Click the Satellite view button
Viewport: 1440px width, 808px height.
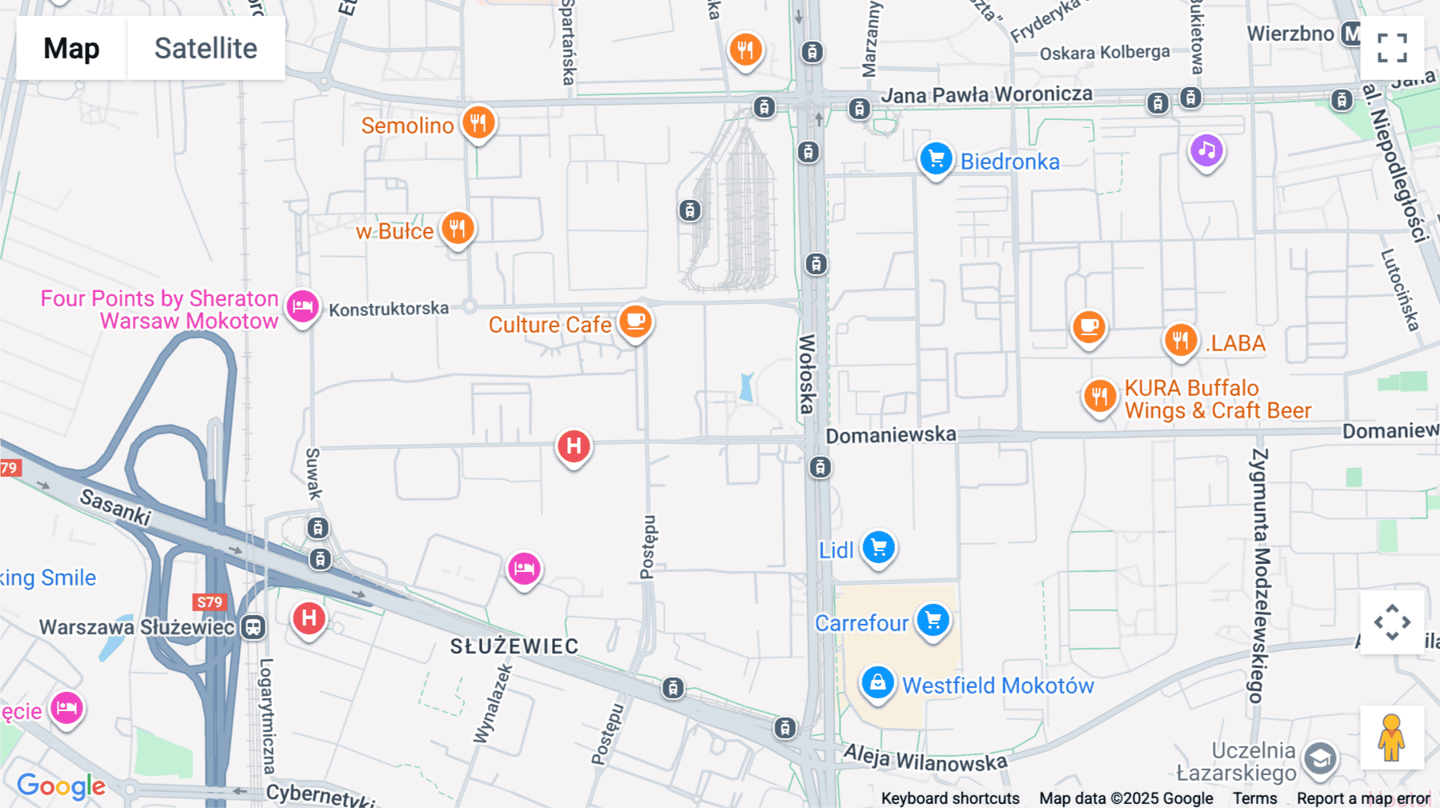click(x=206, y=48)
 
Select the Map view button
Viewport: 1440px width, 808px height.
click(x=71, y=48)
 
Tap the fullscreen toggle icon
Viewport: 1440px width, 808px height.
click(x=1392, y=48)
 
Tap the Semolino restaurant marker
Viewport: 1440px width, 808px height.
click(x=478, y=123)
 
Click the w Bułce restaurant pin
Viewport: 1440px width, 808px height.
click(x=458, y=229)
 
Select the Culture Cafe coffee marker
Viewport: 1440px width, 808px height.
click(x=635, y=322)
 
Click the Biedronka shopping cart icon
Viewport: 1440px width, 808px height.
click(x=935, y=159)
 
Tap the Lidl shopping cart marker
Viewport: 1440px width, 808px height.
click(x=878, y=548)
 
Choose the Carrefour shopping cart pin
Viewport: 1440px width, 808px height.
click(x=933, y=620)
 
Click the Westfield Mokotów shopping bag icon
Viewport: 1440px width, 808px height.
click(x=878, y=683)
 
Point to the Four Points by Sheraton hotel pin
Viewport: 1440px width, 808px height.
click(x=302, y=306)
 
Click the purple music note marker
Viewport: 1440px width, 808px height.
click(x=1206, y=150)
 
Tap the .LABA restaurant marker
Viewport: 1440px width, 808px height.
click(x=1180, y=341)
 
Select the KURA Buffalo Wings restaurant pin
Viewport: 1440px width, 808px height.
click(x=1100, y=396)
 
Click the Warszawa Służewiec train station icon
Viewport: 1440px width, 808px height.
click(x=254, y=627)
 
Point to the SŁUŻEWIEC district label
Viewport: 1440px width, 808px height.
click(x=514, y=646)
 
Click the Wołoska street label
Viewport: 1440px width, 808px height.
click(x=806, y=374)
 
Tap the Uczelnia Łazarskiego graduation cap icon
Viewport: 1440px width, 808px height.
click(x=1320, y=758)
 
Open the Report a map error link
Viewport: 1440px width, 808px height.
click(x=1363, y=798)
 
